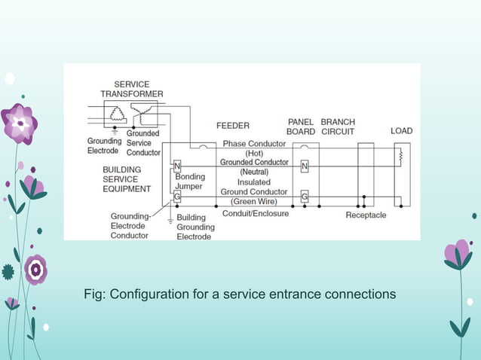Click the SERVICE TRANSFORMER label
coord(131,89)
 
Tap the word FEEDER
coord(233,126)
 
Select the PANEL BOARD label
coord(301,127)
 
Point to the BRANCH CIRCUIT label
coord(338,127)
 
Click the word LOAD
coord(401,131)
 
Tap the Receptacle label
coord(366,215)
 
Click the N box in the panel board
coord(305,165)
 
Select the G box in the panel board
coord(305,197)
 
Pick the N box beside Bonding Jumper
coord(177,165)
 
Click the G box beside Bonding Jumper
coord(177,197)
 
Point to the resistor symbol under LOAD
coord(400,157)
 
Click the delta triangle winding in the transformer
coord(116,114)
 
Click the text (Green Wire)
coord(254,202)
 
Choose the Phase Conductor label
coord(254,144)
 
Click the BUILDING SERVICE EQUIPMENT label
coord(127,179)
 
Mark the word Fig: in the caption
coord(95,294)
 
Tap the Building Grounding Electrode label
coord(195,227)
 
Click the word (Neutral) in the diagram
coord(254,172)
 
